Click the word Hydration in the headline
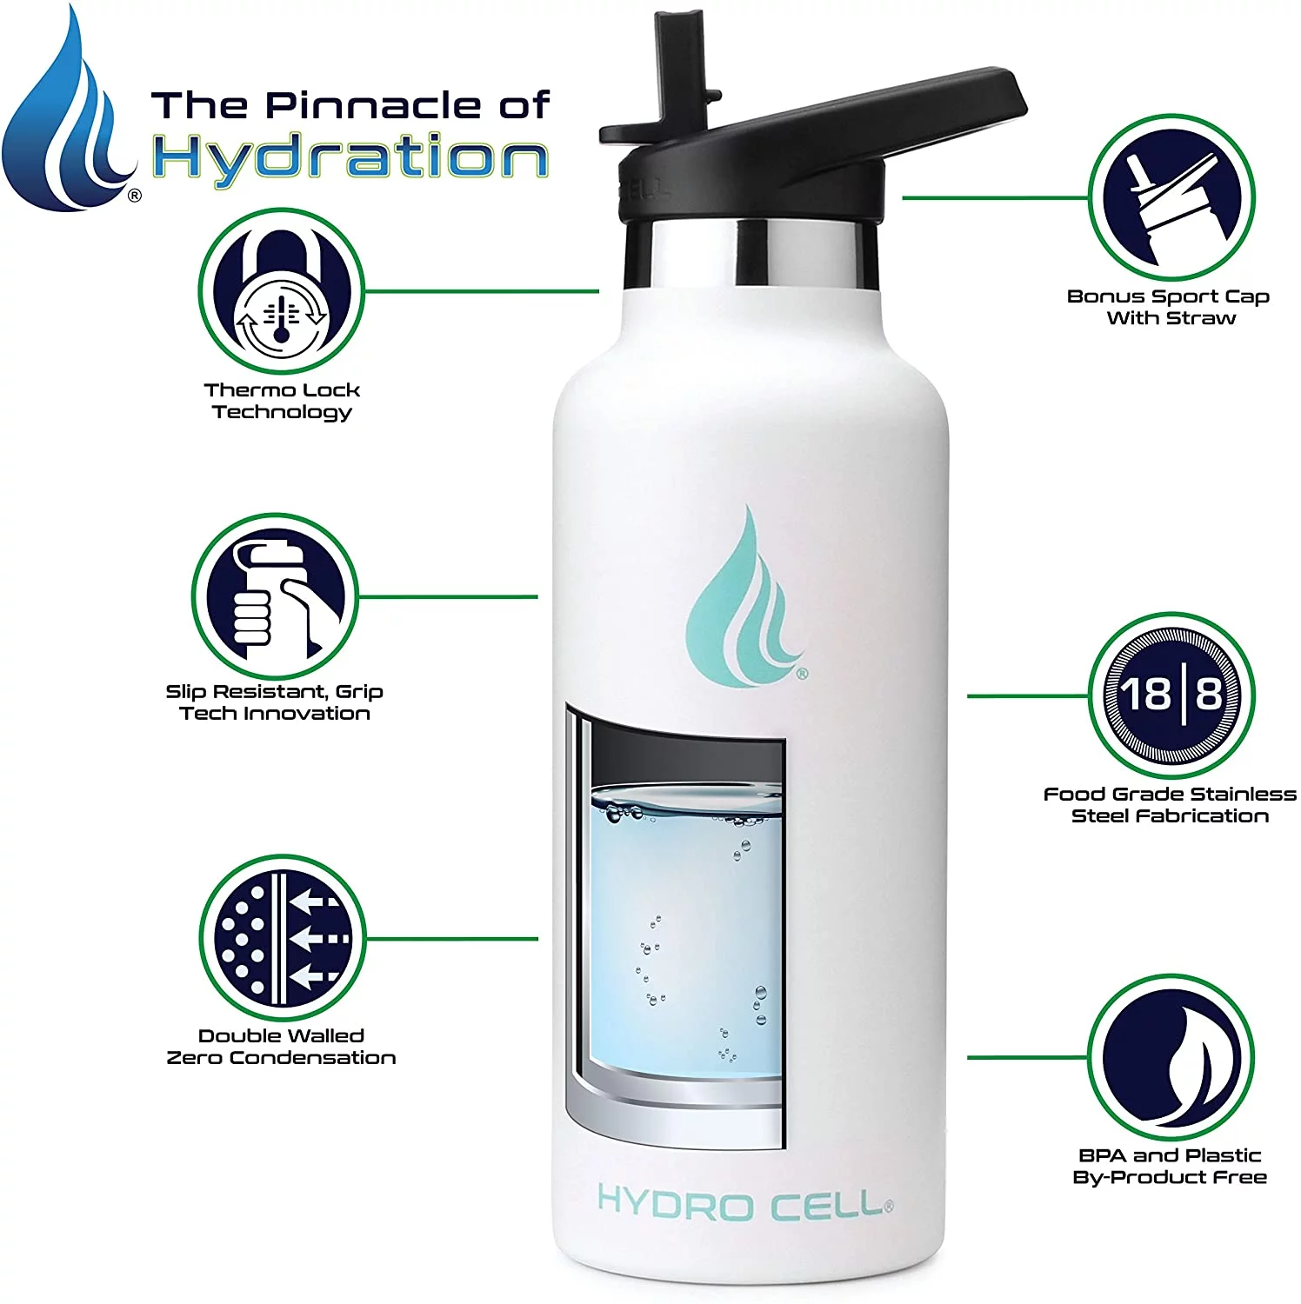point(350,157)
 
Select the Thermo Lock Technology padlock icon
point(281,291)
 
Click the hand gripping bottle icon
point(274,595)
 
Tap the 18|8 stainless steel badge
point(1171,695)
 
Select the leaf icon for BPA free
point(1171,1057)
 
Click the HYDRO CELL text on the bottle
point(744,1204)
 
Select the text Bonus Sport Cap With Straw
point(1169,307)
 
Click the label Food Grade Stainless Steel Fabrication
point(1170,805)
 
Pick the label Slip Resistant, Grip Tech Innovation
point(275,702)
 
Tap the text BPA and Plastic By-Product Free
point(1170,1166)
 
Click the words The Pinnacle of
point(350,105)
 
